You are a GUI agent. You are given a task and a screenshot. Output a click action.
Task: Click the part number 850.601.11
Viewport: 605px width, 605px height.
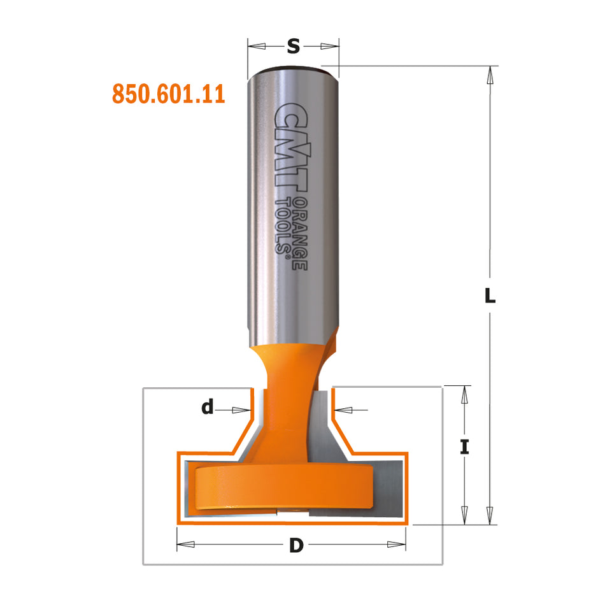168,94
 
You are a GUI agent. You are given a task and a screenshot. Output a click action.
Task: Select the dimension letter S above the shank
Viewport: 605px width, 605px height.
293,46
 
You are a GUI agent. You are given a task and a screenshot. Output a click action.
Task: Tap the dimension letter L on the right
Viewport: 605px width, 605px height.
490,297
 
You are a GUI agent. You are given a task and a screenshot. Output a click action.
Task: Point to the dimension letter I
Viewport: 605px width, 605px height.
465,447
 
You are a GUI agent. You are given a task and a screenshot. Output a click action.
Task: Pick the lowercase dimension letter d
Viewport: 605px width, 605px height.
208,408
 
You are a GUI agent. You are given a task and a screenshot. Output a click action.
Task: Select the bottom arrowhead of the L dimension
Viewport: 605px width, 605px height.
490,515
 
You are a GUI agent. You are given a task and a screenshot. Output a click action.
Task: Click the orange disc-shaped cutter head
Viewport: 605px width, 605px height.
283,487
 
